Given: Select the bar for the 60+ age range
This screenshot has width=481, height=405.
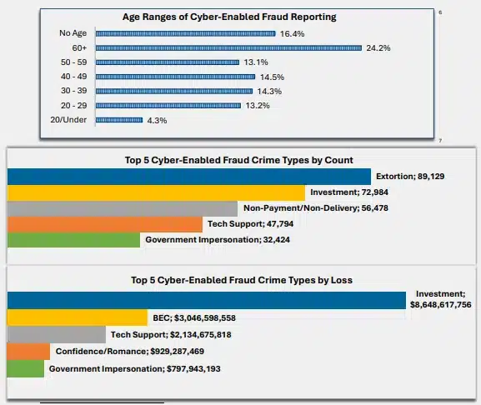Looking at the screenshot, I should (x=228, y=48).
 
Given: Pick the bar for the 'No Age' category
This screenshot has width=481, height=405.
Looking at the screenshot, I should (x=185, y=34).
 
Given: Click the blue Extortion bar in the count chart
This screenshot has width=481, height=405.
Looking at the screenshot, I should (x=188, y=176).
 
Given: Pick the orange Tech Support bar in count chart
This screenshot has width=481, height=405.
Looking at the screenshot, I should (x=105, y=224).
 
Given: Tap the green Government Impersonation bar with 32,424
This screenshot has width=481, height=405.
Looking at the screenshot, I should (x=73, y=240).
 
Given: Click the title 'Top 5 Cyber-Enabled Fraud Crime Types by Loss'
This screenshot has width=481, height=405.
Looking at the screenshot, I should (x=240, y=280).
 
